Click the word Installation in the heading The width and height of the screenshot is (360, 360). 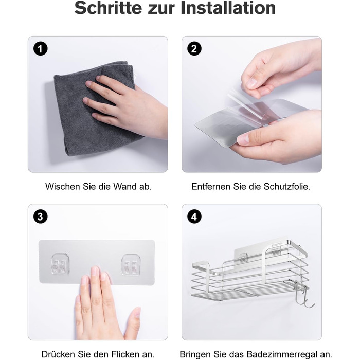pyautogui.click(x=228, y=8)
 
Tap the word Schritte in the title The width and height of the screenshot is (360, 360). pyautogui.click(x=108, y=8)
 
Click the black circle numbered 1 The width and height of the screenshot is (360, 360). pyautogui.click(x=41, y=49)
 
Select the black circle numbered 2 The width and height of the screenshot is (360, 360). pyautogui.click(x=194, y=49)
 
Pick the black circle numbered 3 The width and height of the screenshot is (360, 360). pyautogui.click(x=41, y=217)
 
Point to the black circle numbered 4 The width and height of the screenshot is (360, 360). pyautogui.click(x=194, y=217)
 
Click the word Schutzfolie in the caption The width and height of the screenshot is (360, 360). pyautogui.click(x=287, y=186)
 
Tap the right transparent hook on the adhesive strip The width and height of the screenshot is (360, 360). pyautogui.click(x=131, y=264)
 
